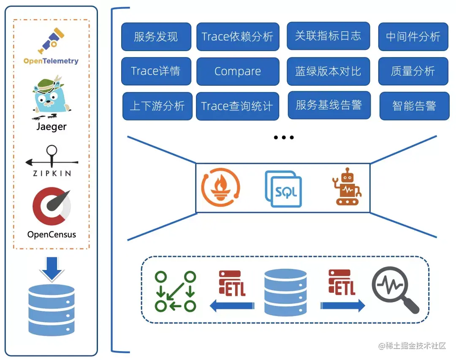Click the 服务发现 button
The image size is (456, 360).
(x=156, y=37)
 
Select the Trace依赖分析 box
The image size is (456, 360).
(x=238, y=37)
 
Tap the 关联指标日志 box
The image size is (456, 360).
(x=328, y=36)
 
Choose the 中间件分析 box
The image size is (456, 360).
(x=413, y=37)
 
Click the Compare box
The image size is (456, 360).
(x=238, y=71)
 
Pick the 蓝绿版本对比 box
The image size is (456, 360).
(x=328, y=71)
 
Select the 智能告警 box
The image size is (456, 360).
(x=414, y=106)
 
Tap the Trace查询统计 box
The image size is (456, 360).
(x=237, y=106)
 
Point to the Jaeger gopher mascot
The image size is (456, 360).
(x=51, y=97)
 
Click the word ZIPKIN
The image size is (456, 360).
(x=52, y=173)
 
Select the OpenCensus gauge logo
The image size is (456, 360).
(x=52, y=207)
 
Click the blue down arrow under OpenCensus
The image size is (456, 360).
(x=52, y=270)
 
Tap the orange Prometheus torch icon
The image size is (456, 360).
(x=220, y=188)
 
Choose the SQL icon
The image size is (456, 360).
(x=283, y=189)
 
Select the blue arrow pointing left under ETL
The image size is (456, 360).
(x=232, y=305)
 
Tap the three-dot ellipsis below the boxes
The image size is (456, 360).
(x=283, y=137)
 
